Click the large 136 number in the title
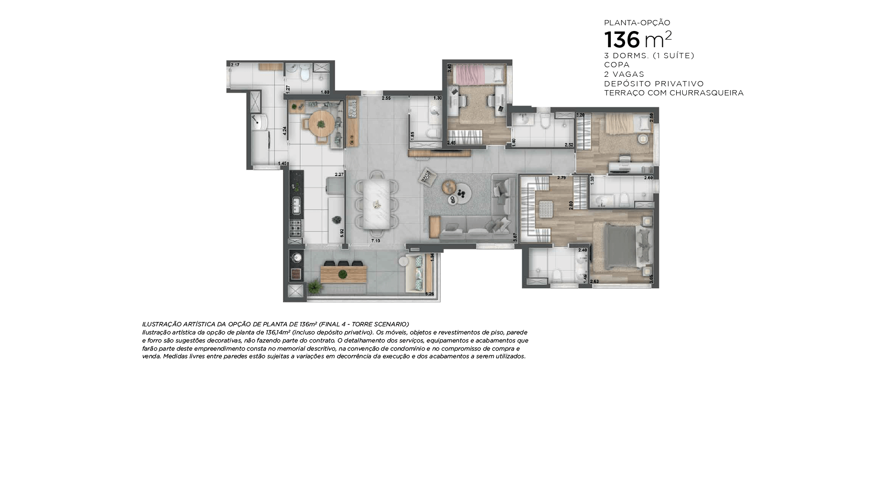point(622,40)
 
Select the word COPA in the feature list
point(617,65)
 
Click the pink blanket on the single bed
point(468,74)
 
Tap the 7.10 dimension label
point(376,241)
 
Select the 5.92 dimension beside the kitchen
point(342,233)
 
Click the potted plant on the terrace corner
point(314,286)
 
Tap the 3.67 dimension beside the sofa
point(514,237)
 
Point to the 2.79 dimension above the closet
point(561,178)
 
